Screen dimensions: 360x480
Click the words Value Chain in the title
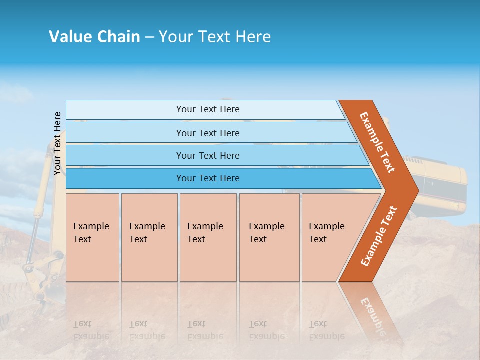tap(94, 37)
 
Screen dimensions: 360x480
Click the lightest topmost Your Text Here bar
tap(207, 109)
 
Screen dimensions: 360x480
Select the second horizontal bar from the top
tap(207, 133)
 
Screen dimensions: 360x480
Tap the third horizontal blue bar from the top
tap(207, 155)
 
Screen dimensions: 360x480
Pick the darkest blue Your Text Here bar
tap(207, 178)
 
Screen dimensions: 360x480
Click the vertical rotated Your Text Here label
tap(57, 143)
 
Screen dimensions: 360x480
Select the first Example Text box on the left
tap(92, 237)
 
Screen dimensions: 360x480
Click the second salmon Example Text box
tap(149, 237)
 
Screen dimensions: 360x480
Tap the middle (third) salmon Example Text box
tap(208, 237)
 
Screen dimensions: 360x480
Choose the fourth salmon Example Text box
tap(269, 237)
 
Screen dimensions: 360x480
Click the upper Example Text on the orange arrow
tap(378, 142)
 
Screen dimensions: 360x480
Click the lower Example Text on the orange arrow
tap(379, 236)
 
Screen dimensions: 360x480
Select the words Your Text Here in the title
tap(215, 37)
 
